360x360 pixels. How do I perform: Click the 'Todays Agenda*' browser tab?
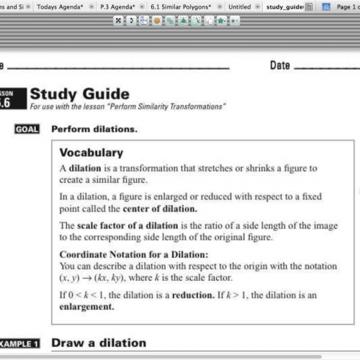57,6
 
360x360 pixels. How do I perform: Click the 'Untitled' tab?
239,6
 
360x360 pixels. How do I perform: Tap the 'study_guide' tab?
284,6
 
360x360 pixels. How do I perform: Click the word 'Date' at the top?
280,66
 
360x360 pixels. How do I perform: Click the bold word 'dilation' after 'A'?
85,168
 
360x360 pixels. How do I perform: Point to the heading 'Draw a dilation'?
99,343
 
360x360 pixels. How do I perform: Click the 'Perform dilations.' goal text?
94,130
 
